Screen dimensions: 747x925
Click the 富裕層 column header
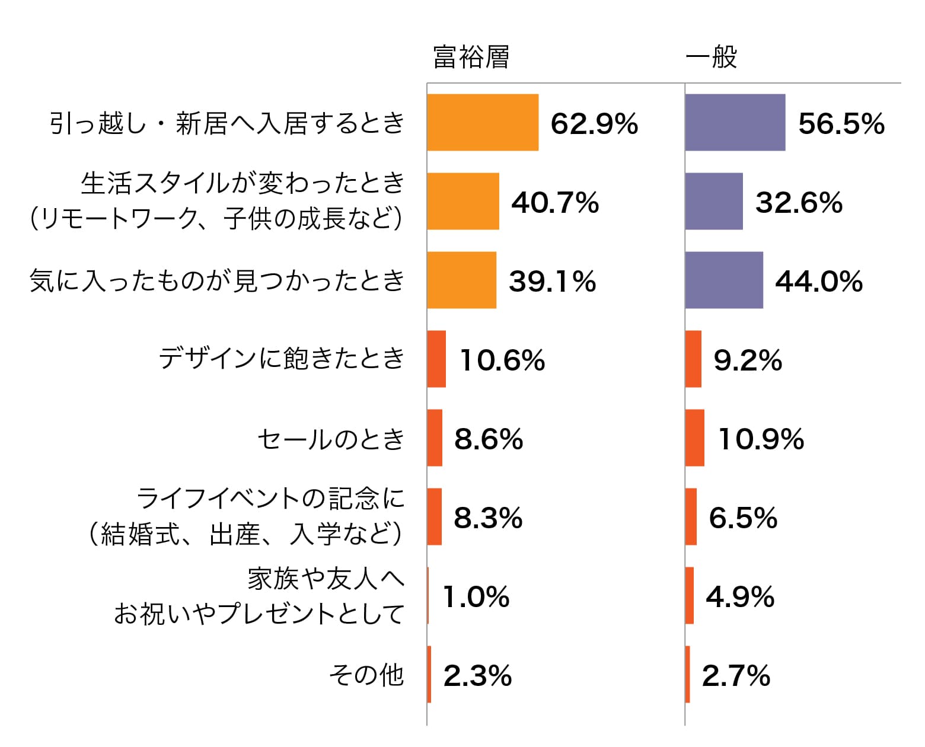tap(471, 58)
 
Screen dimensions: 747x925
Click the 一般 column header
tap(711, 58)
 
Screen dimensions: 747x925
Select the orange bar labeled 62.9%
tap(483, 123)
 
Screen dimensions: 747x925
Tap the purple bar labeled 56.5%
tap(735, 123)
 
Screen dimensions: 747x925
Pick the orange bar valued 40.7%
tap(463, 202)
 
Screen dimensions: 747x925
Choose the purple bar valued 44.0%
tap(724, 280)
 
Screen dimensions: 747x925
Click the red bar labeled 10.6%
tap(436, 359)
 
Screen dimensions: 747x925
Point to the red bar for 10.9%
tap(695, 438)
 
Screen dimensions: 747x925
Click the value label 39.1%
tap(552, 281)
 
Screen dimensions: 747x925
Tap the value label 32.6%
tap(799, 202)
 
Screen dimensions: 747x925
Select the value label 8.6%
tap(489, 439)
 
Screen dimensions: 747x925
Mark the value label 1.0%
tap(476, 596)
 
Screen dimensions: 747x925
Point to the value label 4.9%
tap(740, 596)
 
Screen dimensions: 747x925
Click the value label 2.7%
tap(736, 675)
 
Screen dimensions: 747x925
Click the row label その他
tap(366, 675)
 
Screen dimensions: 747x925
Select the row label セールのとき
tap(331, 439)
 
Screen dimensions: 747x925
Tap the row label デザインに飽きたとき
tap(282, 359)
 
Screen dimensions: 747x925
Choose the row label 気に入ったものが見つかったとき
tap(217, 280)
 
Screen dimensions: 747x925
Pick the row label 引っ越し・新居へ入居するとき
tap(227, 123)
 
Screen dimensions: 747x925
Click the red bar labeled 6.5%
tap(691, 517)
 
